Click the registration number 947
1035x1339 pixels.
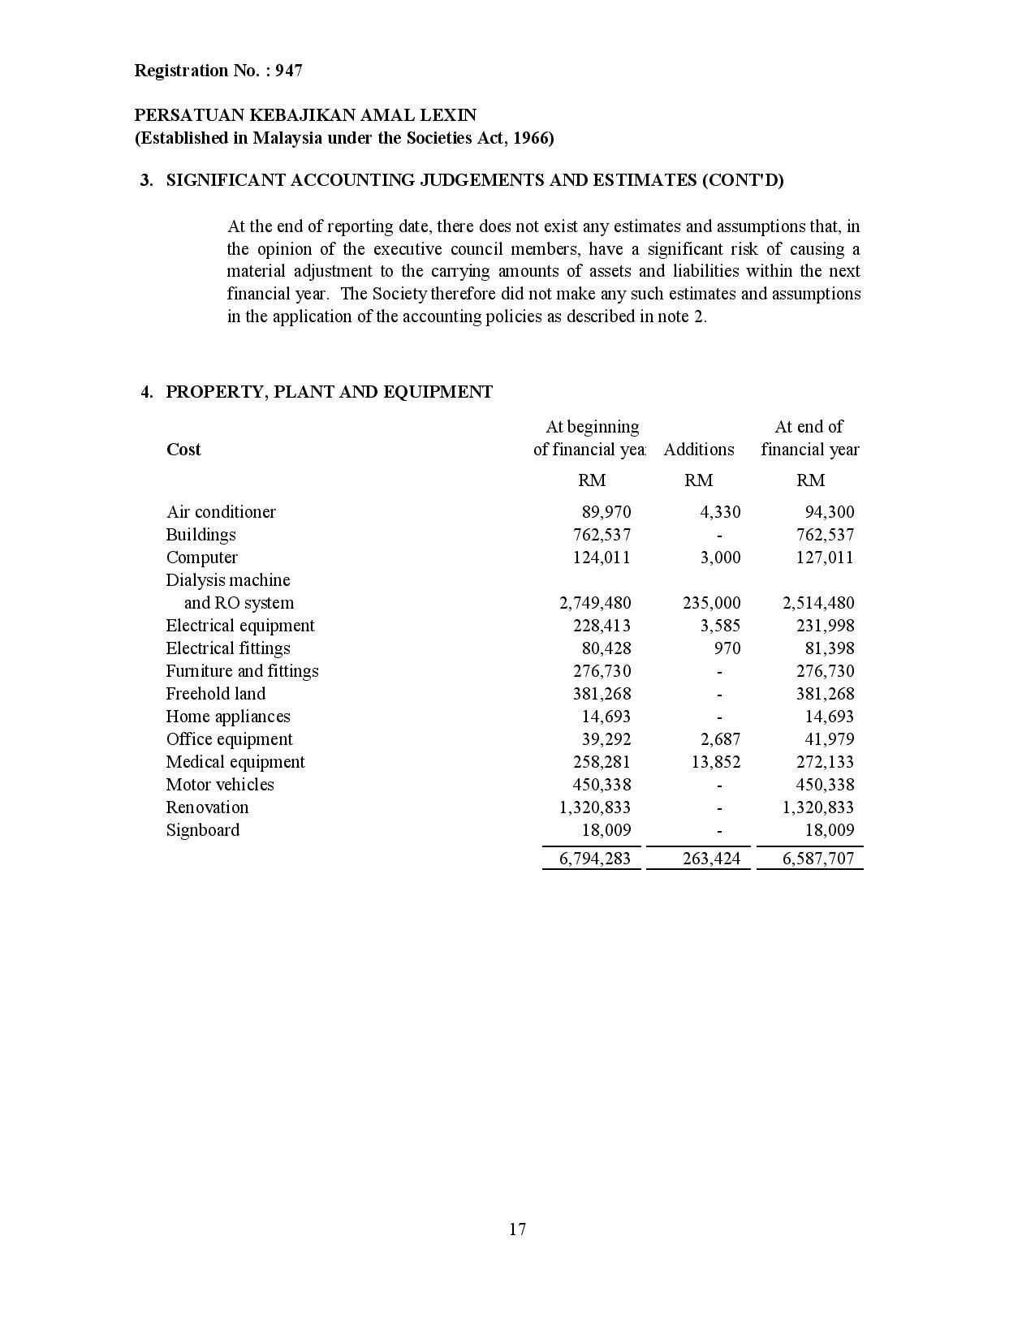point(288,71)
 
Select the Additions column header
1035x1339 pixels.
point(698,450)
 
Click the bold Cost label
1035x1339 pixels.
point(183,450)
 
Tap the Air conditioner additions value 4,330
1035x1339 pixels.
point(720,512)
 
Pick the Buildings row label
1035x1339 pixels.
point(201,535)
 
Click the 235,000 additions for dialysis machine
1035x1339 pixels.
point(711,603)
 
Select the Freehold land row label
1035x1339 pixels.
point(215,694)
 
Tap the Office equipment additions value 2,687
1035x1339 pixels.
point(720,739)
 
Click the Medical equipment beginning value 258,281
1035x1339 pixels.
point(602,762)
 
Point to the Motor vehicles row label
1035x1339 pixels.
point(220,785)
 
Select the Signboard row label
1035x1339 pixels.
point(202,830)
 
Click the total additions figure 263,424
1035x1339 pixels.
point(711,859)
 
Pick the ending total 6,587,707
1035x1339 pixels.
point(818,859)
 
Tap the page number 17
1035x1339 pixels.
point(518,1229)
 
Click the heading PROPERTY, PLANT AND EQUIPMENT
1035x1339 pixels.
point(329,393)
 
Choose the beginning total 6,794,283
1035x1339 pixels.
point(595,859)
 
